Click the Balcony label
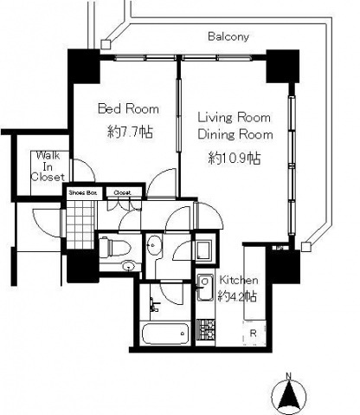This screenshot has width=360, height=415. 228,36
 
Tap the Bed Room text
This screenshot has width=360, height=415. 128,109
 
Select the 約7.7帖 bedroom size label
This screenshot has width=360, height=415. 130,133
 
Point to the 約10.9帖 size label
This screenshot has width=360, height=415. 235,158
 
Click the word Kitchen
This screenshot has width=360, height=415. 239,280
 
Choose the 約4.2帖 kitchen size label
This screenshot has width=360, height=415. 237,296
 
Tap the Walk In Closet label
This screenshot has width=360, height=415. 48,166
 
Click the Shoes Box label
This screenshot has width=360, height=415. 82,192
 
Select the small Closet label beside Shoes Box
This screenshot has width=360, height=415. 122,192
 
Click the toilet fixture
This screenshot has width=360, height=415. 115,248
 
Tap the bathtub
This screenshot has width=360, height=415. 165,334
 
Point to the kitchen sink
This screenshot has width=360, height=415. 205,288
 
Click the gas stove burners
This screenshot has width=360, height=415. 206,329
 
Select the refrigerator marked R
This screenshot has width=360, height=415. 254,334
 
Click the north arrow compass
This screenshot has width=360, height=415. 289,396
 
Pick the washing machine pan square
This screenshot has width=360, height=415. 204,250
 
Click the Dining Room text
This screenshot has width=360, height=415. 235,135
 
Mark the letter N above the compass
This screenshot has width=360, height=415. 288,376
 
